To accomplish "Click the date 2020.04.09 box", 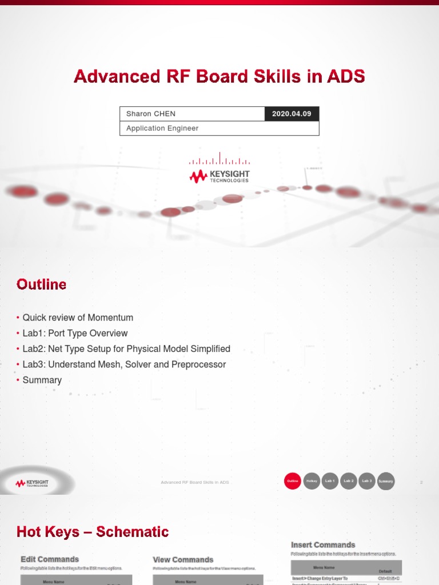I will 292,114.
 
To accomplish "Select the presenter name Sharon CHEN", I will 151,114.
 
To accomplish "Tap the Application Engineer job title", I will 162,129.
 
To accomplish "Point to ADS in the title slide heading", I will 345,77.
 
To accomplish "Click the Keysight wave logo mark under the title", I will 198,177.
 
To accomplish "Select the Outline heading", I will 41,285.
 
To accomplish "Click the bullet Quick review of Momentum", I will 78,318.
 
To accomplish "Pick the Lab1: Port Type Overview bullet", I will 75,333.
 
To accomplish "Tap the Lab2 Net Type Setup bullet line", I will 126,348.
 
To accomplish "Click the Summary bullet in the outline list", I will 42,380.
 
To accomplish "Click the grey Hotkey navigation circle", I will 312,482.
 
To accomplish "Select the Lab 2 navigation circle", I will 349,482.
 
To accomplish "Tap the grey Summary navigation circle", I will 386,482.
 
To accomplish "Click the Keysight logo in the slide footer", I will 32,483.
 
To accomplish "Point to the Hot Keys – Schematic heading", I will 93,532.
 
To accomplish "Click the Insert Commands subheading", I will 323,545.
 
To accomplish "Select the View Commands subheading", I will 183,560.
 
